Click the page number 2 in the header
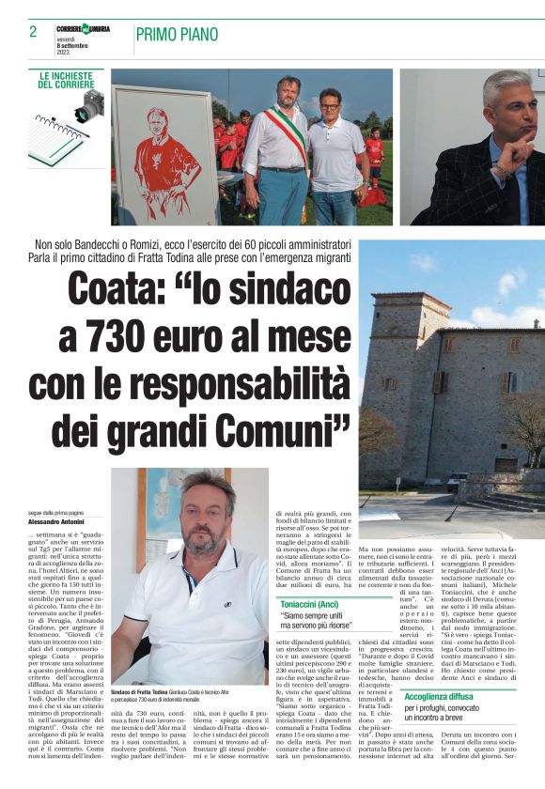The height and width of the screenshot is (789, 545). [x=33, y=32]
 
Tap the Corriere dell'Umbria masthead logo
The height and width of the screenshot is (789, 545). [x=83, y=28]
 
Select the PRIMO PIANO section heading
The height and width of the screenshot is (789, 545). [x=176, y=35]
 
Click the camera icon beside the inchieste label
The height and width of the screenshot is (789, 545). [x=91, y=106]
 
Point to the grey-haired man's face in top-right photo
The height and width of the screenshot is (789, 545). [x=507, y=114]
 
